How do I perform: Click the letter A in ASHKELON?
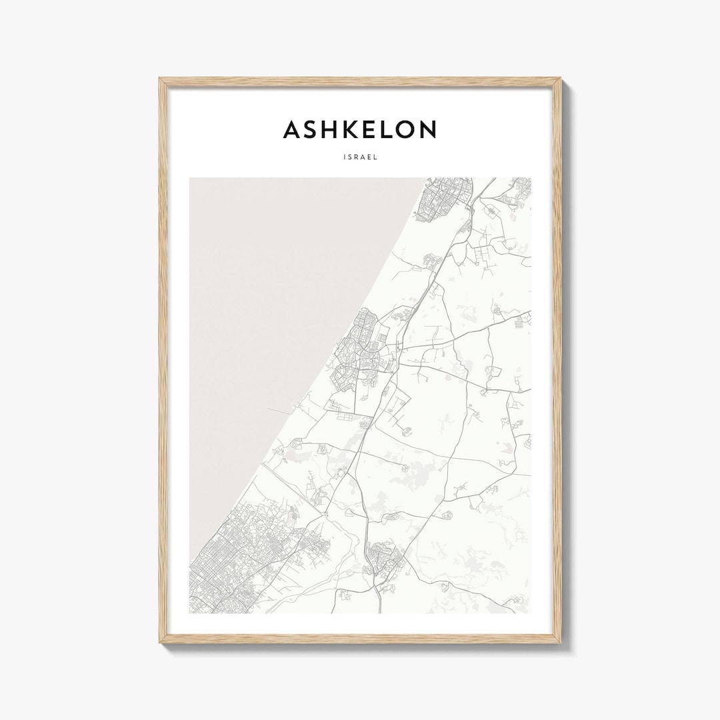(291, 129)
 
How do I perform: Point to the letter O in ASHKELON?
(403, 129)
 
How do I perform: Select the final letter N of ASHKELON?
(427, 129)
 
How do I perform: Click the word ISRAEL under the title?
(360, 158)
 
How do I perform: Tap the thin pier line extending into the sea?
(280, 409)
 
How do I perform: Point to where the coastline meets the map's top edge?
(425, 179)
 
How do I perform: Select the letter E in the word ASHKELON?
(362, 129)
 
